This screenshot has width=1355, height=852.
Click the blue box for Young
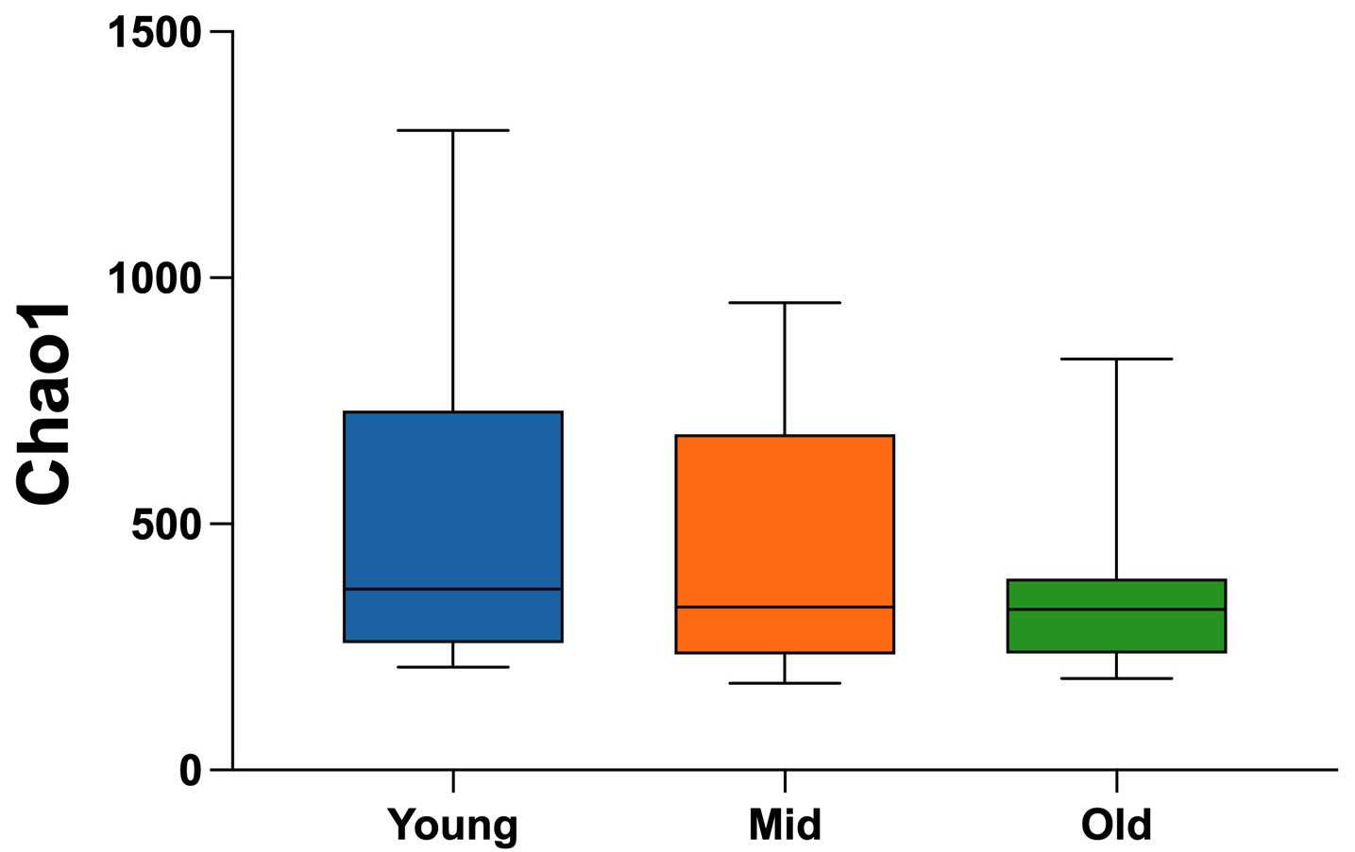coord(453,500)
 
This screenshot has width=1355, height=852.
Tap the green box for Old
coord(1116,630)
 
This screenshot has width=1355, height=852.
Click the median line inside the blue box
coord(453,589)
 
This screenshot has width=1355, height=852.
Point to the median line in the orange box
coord(785,607)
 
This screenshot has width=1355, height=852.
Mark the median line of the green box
coord(1116,610)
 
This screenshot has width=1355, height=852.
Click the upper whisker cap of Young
coord(453,130)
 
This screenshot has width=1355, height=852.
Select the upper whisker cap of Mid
coord(785,302)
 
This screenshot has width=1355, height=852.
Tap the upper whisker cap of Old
coord(1116,359)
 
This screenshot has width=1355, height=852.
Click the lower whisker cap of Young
coord(453,667)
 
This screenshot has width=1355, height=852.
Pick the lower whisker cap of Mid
coord(785,683)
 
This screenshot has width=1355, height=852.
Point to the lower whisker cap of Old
coord(1116,678)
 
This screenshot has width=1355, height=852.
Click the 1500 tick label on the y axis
coord(154,33)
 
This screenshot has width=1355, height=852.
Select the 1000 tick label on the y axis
coord(154,278)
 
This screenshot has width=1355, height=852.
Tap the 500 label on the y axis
coord(166,525)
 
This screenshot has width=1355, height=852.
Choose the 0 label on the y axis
coord(191,771)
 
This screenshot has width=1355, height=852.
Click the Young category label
coord(453,825)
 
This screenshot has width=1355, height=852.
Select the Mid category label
coord(785,825)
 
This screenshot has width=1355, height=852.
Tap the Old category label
coord(1116,825)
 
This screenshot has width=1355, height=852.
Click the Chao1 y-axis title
coord(45,404)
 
